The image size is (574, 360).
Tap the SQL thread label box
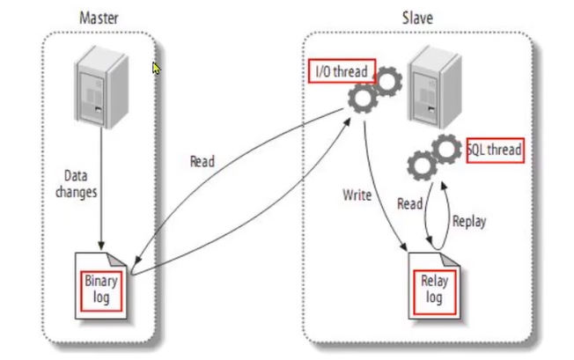tap(494, 151)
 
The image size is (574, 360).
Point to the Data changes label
tap(77, 180)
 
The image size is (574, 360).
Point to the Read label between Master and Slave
tap(202, 162)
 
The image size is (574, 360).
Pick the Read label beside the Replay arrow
tap(409, 203)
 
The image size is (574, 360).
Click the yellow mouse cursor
tap(157, 68)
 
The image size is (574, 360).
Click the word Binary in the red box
tap(100, 282)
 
